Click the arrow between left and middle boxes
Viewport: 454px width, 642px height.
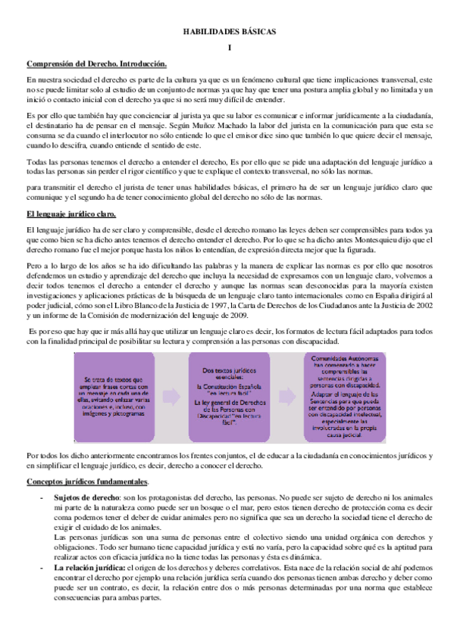click(x=176, y=397)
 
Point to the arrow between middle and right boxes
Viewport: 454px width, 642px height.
click(x=283, y=397)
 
